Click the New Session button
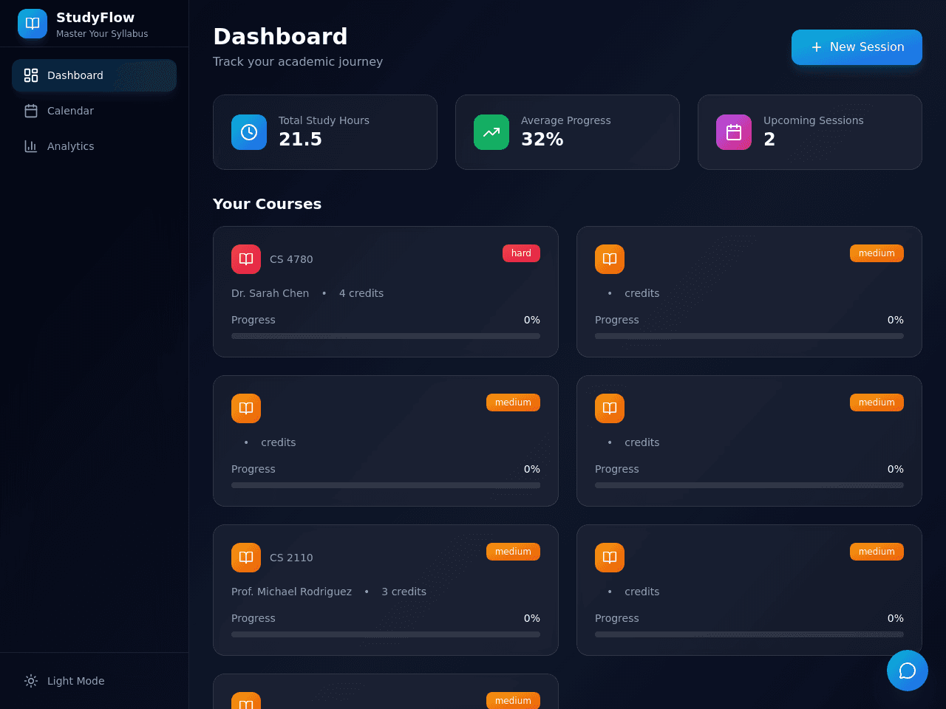857,47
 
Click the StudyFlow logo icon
33,23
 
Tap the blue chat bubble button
908,671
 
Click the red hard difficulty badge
521,253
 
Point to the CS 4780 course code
291,259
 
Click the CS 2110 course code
291,558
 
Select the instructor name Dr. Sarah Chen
270,293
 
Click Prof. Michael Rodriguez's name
291,592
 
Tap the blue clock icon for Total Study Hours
249,132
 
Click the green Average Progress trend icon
491,132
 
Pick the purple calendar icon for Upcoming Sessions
734,132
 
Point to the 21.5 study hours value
300,139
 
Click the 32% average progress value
542,139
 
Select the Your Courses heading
268,204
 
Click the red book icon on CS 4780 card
246,259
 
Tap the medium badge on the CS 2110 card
513,552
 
